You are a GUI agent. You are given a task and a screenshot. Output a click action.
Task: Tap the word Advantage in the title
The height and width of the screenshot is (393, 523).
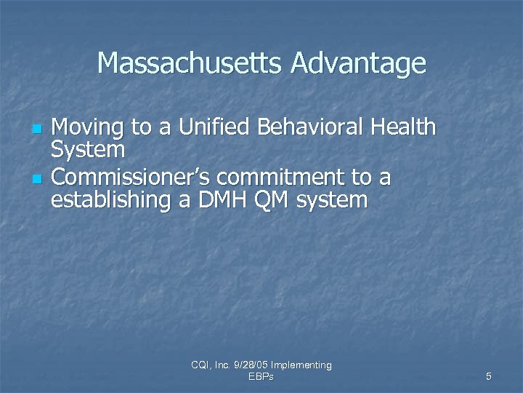point(358,65)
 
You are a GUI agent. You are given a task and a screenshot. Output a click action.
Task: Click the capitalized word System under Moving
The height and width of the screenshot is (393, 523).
point(89,151)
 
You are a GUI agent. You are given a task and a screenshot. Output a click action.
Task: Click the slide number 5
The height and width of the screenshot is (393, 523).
point(488,376)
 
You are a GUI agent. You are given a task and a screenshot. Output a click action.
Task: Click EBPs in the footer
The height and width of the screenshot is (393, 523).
point(261,376)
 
